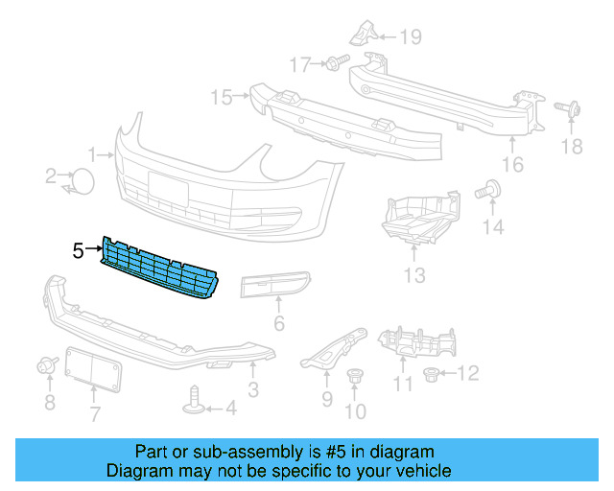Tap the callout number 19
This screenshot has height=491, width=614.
click(x=411, y=38)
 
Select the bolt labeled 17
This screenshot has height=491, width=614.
click(x=333, y=64)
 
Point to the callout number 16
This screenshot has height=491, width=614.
click(x=512, y=165)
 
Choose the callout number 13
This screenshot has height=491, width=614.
click(x=413, y=278)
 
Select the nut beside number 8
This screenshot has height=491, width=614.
click(x=44, y=365)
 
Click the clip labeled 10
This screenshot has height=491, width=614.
click(x=355, y=381)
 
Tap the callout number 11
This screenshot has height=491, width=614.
click(x=403, y=386)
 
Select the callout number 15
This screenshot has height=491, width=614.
click(x=222, y=97)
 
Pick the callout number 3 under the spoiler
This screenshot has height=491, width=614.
click(x=252, y=389)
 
